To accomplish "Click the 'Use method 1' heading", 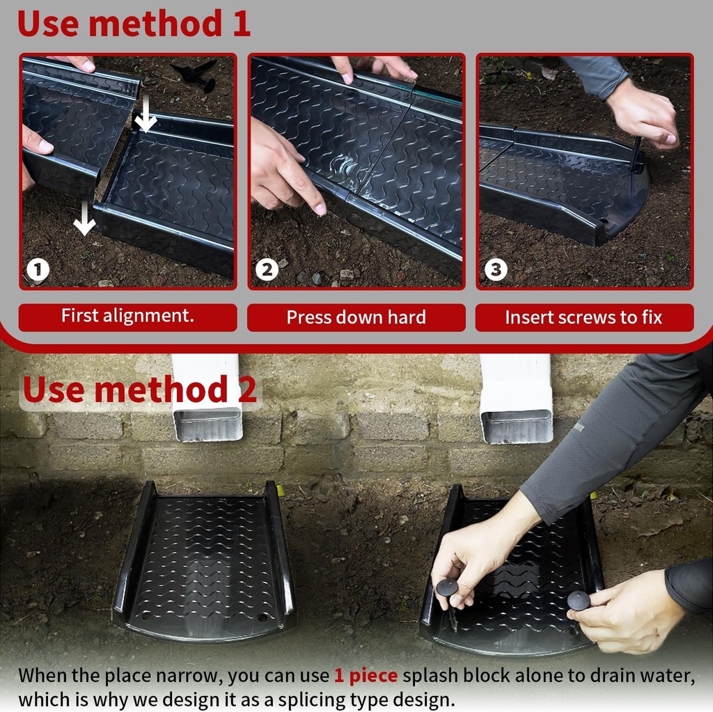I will (x=133, y=23).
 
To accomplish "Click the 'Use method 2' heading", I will (x=139, y=390).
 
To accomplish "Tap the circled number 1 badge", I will (x=38, y=269).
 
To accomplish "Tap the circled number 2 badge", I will (x=266, y=269).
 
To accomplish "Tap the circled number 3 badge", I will (x=495, y=269).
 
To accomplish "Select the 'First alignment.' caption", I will (x=127, y=316).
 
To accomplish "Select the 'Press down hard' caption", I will (x=356, y=317).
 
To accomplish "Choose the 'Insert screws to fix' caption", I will (x=583, y=317).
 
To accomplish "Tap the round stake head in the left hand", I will (x=446, y=588).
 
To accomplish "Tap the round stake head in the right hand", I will (x=578, y=600).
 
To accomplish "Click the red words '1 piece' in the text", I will (x=366, y=675).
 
